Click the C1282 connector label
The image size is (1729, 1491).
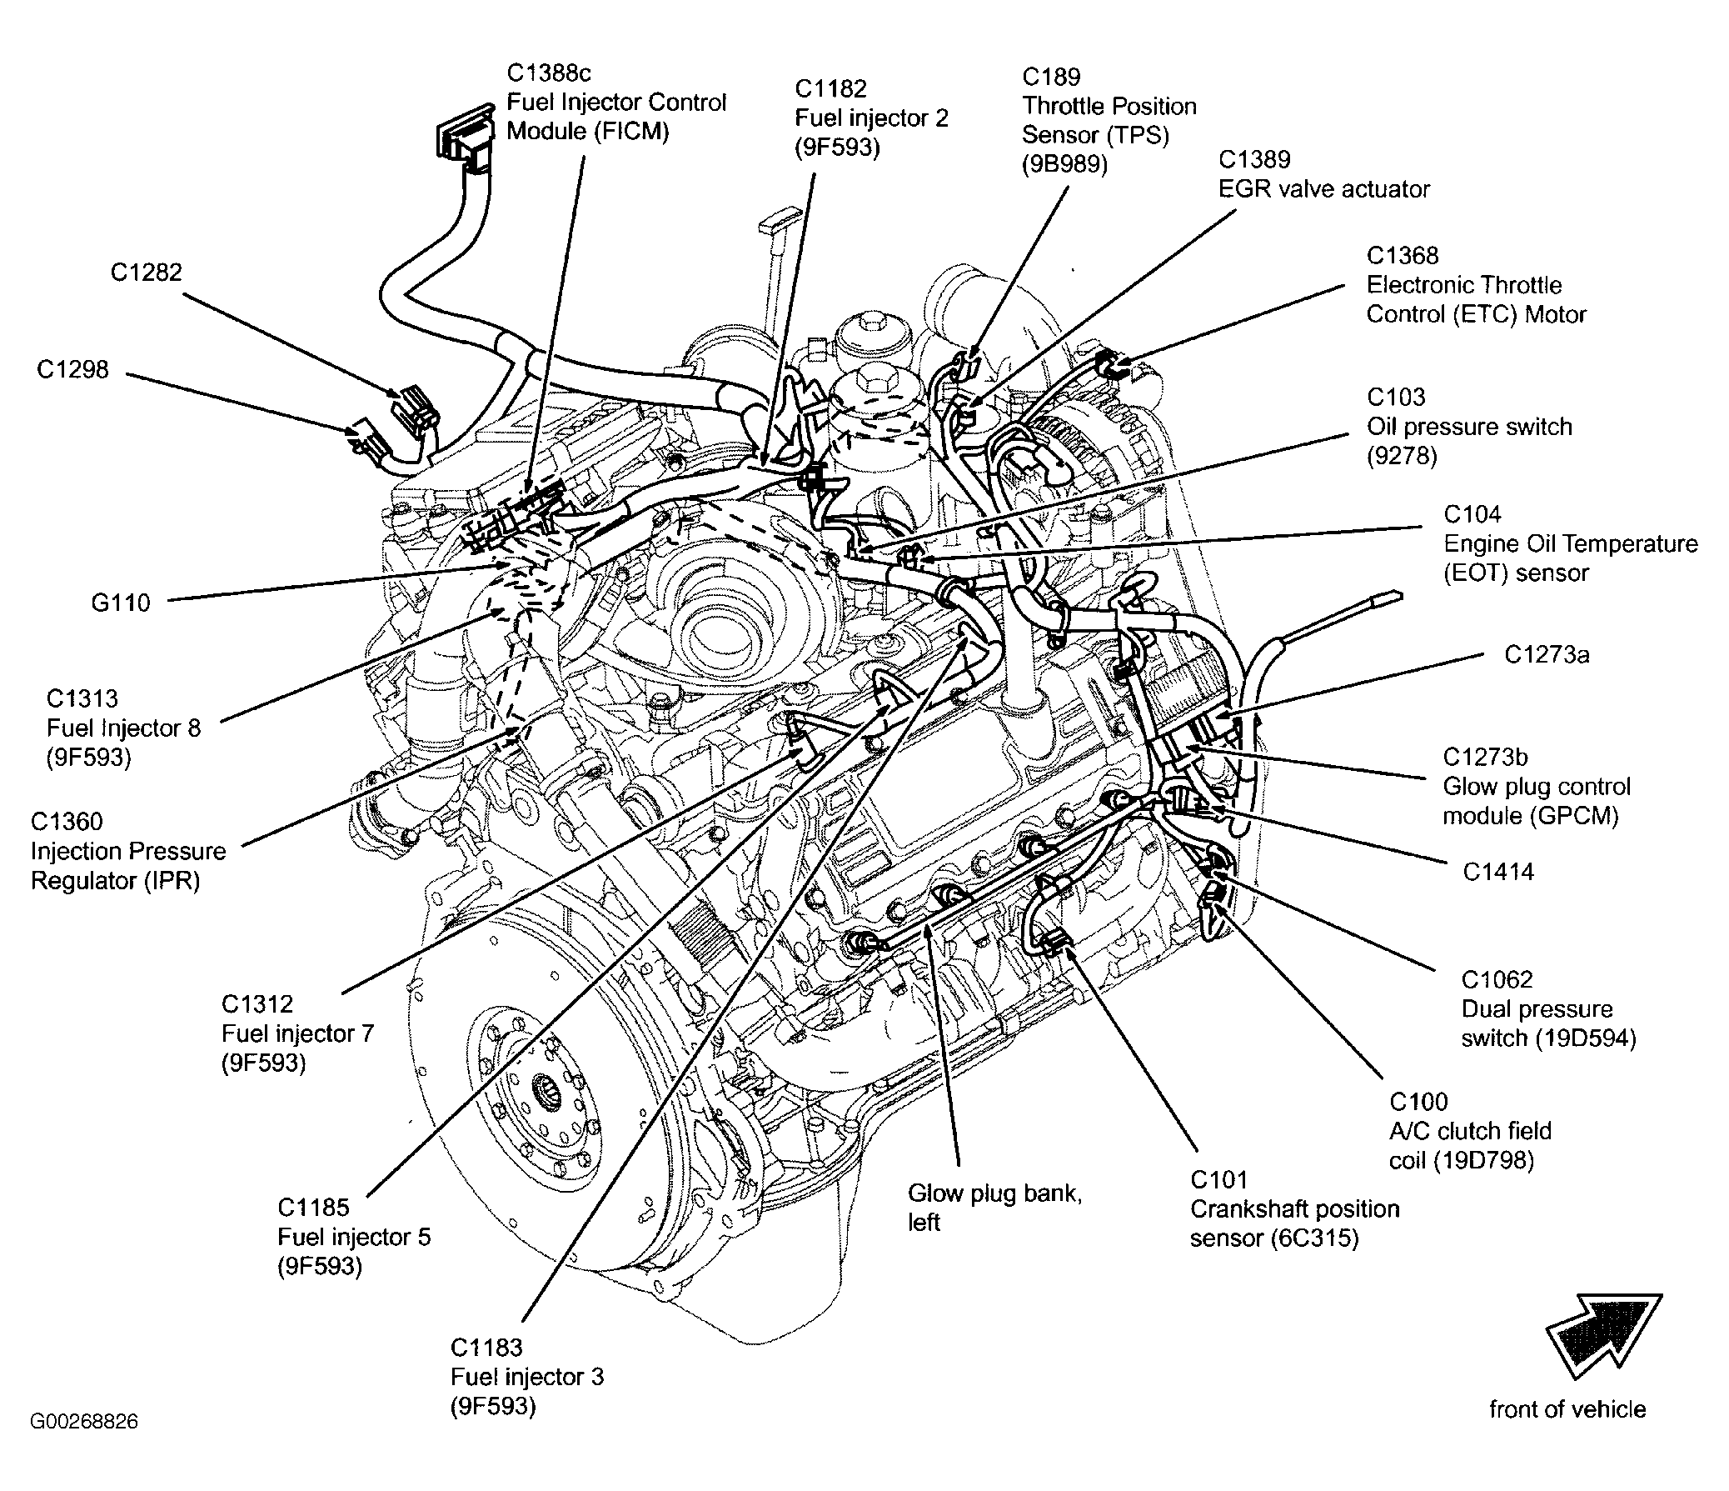(x=146, y=273)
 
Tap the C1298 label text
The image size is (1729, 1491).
(x=72, y=369)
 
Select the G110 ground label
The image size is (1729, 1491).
(x=120, y=603)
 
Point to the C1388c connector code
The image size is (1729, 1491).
(x=549, y=73)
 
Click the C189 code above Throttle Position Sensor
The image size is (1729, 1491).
(x=1051, y=77)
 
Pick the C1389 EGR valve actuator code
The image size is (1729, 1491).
(x=1254, y=159)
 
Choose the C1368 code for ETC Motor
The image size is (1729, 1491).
(x=1403, y=256)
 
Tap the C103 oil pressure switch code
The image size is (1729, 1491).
(x=1396, y=398)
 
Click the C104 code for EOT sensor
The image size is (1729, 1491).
(x=1472, y=514)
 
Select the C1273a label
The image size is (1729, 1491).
(x=1547, y=654)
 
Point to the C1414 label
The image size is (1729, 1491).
(x=1498, y=872)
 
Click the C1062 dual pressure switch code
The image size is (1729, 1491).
(x=1497, y=979)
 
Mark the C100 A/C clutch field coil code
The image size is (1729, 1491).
(x=1418, y=1102)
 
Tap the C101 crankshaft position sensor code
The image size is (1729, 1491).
(x=1218, y=1179)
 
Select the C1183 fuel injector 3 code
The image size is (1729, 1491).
(x=486, y=1348)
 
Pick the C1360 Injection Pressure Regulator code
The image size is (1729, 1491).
(x=67, y=822)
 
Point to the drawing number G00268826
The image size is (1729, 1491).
(x=84, y=1421)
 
